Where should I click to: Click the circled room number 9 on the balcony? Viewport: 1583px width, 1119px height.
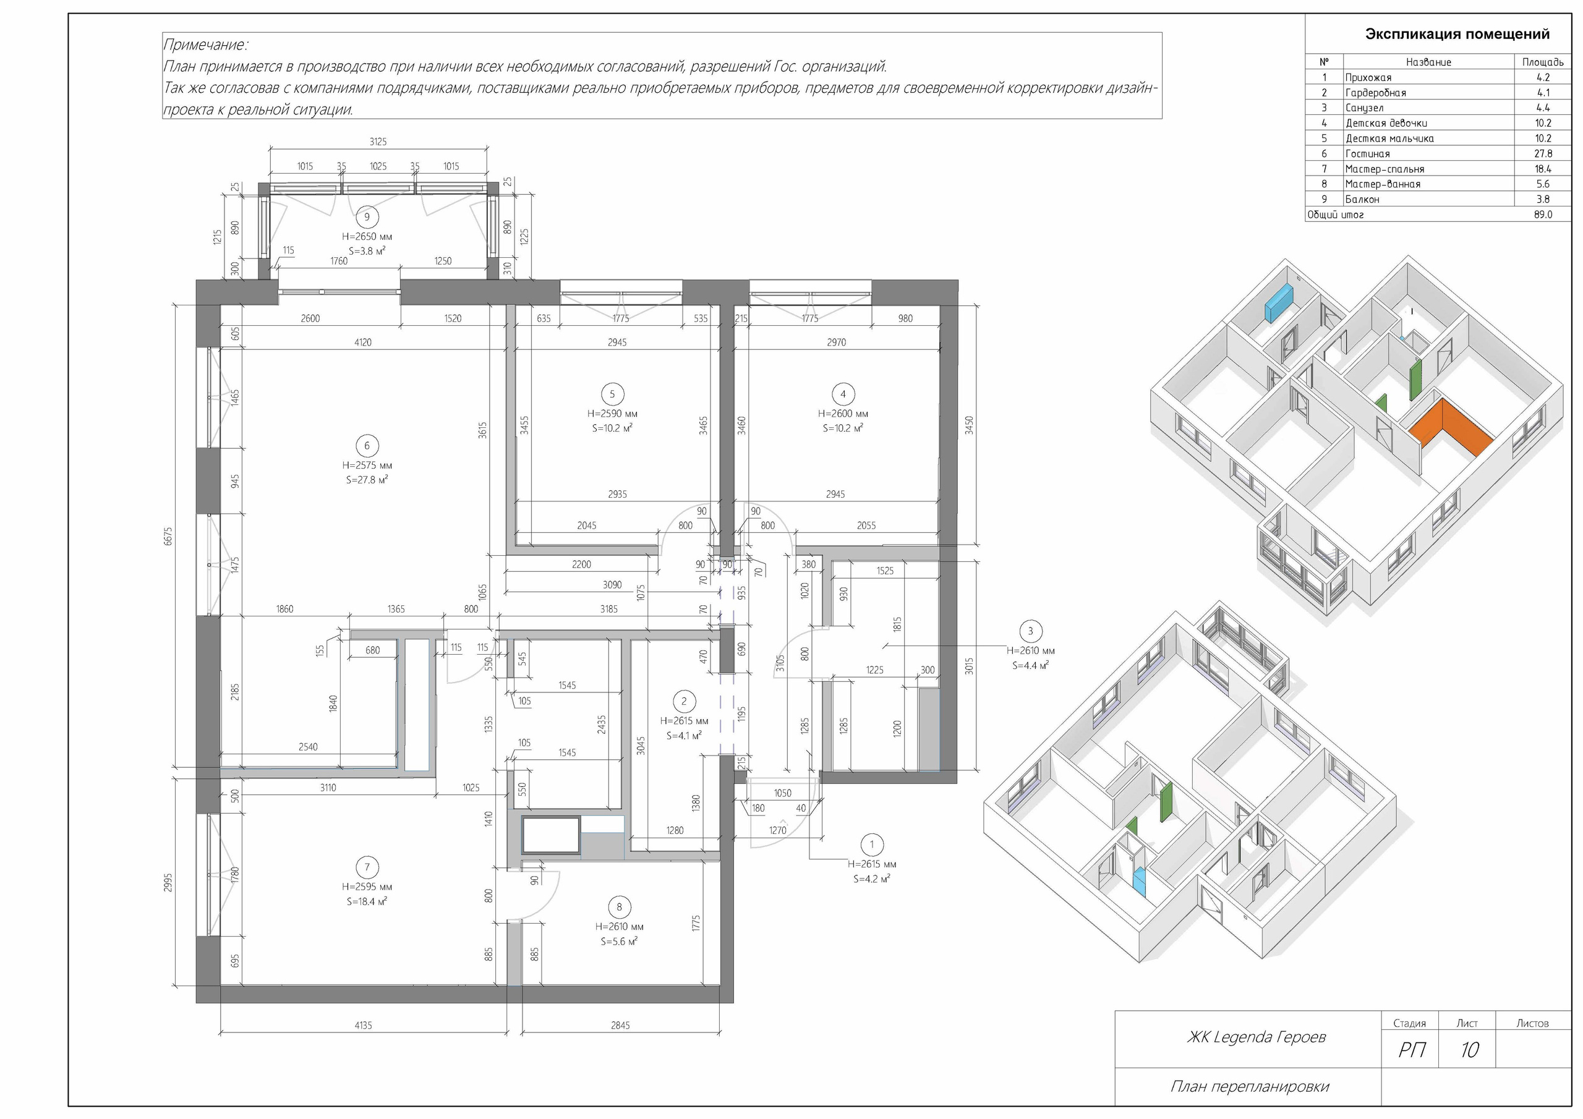point(367,217)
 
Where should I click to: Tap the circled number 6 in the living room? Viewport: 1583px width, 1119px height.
point(367,445)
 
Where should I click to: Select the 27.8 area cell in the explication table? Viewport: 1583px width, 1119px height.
point(1543,154)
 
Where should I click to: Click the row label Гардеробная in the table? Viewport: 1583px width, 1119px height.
point(1375,92)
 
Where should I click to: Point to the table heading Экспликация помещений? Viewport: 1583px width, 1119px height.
point(1457,34)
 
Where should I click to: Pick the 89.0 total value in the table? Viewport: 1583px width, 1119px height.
point(1543,215)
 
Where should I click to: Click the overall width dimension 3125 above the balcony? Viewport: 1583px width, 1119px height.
point(378,142)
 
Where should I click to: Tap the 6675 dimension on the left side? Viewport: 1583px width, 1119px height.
point(168,536)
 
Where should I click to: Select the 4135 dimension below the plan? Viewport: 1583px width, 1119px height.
point(364,1025)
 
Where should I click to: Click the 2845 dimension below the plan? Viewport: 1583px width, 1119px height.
point(620,1025)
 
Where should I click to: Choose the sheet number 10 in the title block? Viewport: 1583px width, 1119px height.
point(1469,1050)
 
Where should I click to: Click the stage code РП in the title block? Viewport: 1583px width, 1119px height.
point(1412,1050)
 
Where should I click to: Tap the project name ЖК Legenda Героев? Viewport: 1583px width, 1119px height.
point(1256,1037)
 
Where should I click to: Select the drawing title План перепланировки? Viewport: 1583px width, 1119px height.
point(1249,1087)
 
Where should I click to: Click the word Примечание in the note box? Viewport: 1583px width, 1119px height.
point(205,45)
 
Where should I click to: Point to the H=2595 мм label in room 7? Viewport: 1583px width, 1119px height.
point(367,887)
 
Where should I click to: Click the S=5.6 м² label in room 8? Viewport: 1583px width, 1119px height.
point(619,941)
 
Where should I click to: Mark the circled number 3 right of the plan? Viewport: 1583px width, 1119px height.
point(1031,631)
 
